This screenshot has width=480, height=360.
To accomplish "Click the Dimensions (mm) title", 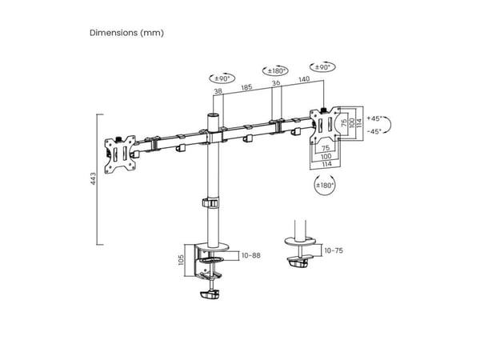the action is pos(126,33).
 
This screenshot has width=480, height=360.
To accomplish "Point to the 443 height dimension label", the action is pos(93,178).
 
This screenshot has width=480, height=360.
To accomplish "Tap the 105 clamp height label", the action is pos(181,259).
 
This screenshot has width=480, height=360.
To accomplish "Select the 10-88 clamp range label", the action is pos(251,255).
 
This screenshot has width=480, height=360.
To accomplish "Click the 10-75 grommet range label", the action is pos(334,250).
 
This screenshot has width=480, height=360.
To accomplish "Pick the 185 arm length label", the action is pos(246,87).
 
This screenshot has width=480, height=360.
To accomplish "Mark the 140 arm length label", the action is pos(304,79).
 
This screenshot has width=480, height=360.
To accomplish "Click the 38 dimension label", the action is pos(218,91).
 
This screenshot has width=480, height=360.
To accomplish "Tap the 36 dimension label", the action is pos(276,82).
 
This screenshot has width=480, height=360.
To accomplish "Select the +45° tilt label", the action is pos(374,118).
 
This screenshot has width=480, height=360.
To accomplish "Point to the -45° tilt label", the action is pos(374,131).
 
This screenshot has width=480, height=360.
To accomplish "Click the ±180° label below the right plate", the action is pos(325,186).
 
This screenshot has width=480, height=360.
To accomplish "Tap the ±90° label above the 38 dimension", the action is pos(222,78).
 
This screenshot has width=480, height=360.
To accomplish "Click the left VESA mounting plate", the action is pos(120,154).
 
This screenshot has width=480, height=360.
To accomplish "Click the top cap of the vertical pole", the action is pos(213,116).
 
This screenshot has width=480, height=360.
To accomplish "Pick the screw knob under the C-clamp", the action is pos(210,294).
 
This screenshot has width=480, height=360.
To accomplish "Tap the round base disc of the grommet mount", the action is pos(300,241).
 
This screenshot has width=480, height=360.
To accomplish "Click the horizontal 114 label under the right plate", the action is pos(326,164).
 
